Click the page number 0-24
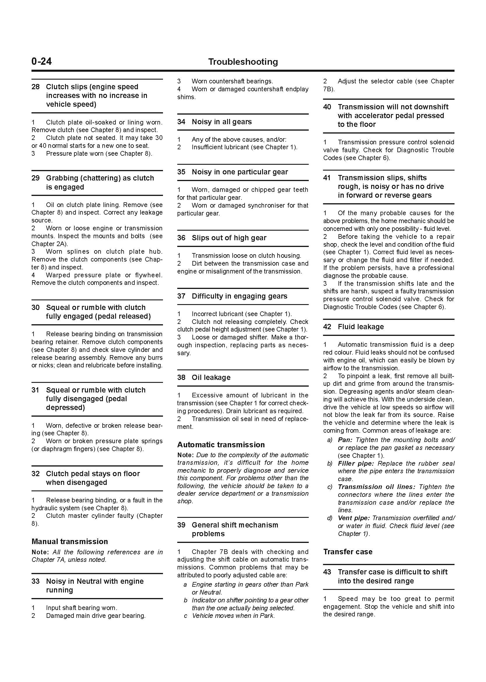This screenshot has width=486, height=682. click(x=42, y=62)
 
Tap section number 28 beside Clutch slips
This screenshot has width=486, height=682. click(x=35, y=87)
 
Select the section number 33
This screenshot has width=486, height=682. click(x=35, y=581)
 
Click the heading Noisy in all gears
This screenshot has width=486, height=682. click(x=222, y=122)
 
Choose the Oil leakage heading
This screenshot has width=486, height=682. click(x=211, y=377)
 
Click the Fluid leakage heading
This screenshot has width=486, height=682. click(x=361, y=327)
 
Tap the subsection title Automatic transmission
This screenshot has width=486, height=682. click(x=221, y=445)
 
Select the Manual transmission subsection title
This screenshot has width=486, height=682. click(x=69, y=541)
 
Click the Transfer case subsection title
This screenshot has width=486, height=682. click(x=348, y=552)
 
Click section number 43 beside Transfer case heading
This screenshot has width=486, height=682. click(x=327, y=572)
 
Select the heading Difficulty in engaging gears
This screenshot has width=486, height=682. click(x=239, y=296)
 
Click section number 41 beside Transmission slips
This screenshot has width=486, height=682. click(x=327, y=178)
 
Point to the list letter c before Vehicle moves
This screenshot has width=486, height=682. click(x=185, y=616)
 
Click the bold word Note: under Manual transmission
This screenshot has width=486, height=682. click(x=40, y=552)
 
